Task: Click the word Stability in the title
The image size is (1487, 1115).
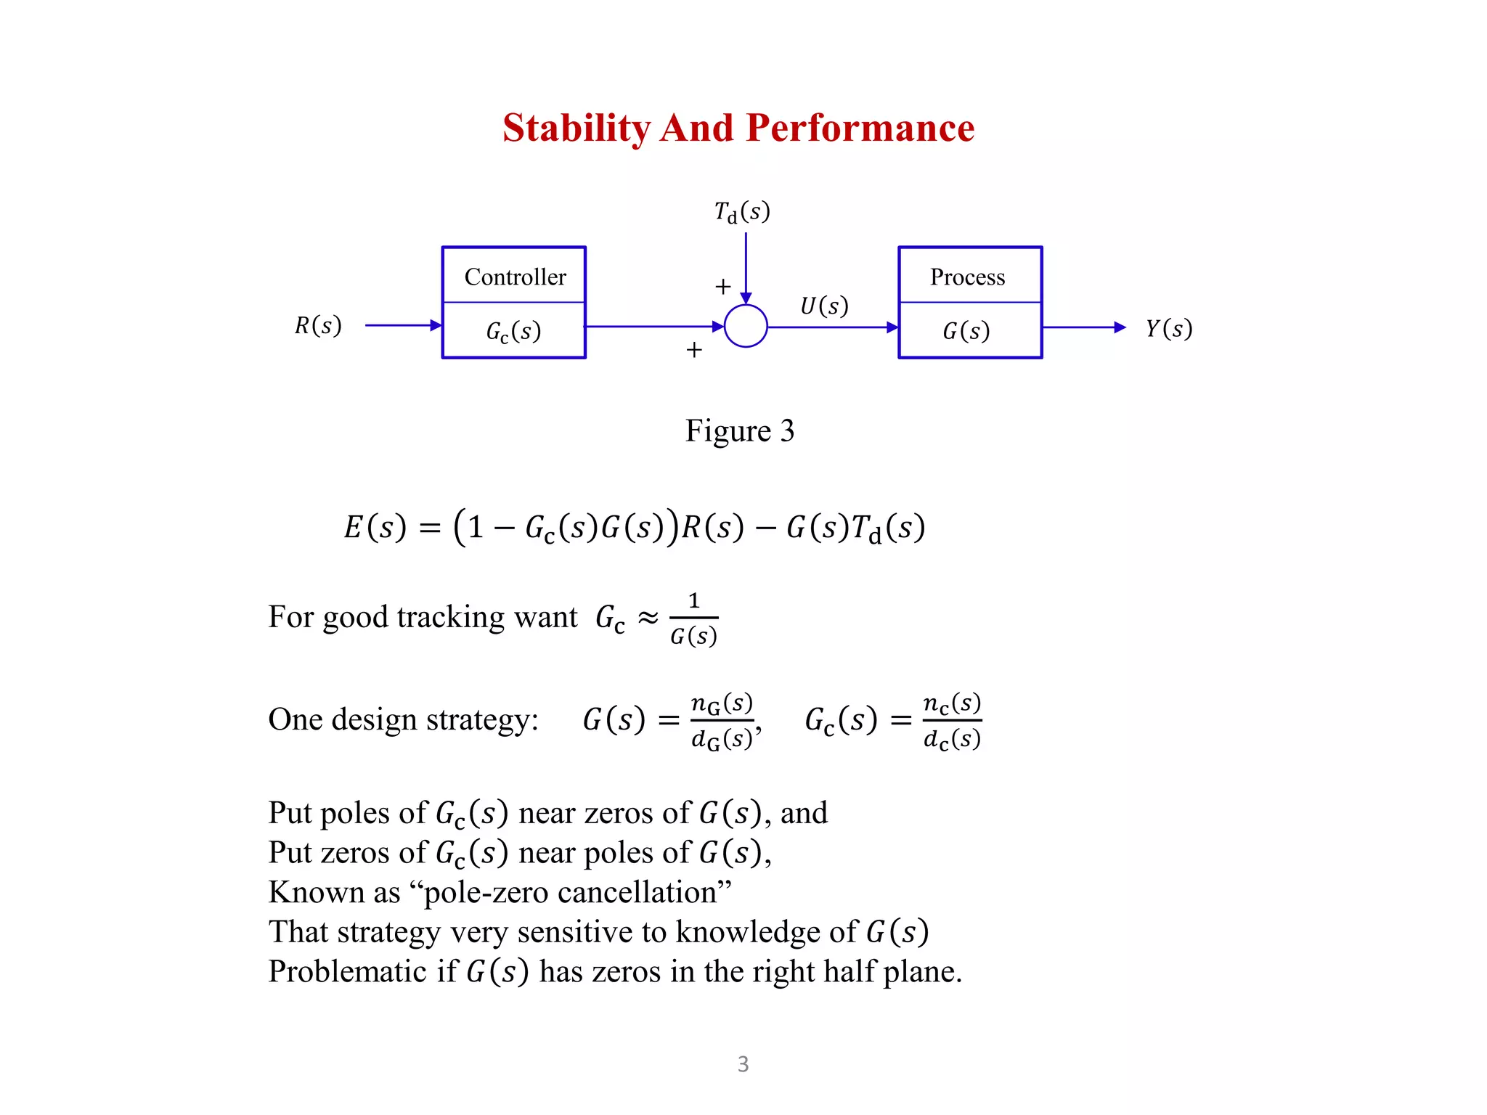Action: click(577, 128)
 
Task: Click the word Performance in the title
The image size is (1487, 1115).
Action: click(860, 128)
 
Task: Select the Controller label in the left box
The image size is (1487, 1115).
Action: click(515, 277)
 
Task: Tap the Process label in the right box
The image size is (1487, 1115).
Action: click(967, 277)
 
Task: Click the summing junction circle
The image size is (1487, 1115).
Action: click(746, 327)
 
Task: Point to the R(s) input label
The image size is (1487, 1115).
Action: click(318, 326)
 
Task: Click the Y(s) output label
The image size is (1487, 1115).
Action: click(1168, 329)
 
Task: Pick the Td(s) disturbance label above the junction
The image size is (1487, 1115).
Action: click(741, 212)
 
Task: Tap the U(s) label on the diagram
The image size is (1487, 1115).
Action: click(823, 306)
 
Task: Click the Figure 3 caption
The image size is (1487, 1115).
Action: click(739, 430)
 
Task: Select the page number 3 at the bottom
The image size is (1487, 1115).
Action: click(743, 1063)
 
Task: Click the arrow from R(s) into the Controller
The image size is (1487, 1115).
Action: click(403, 325)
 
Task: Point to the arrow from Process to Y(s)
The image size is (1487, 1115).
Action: click(1083, 327)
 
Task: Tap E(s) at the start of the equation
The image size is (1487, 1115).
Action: click(375, 527)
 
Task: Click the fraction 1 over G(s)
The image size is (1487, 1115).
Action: click(693, 619)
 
